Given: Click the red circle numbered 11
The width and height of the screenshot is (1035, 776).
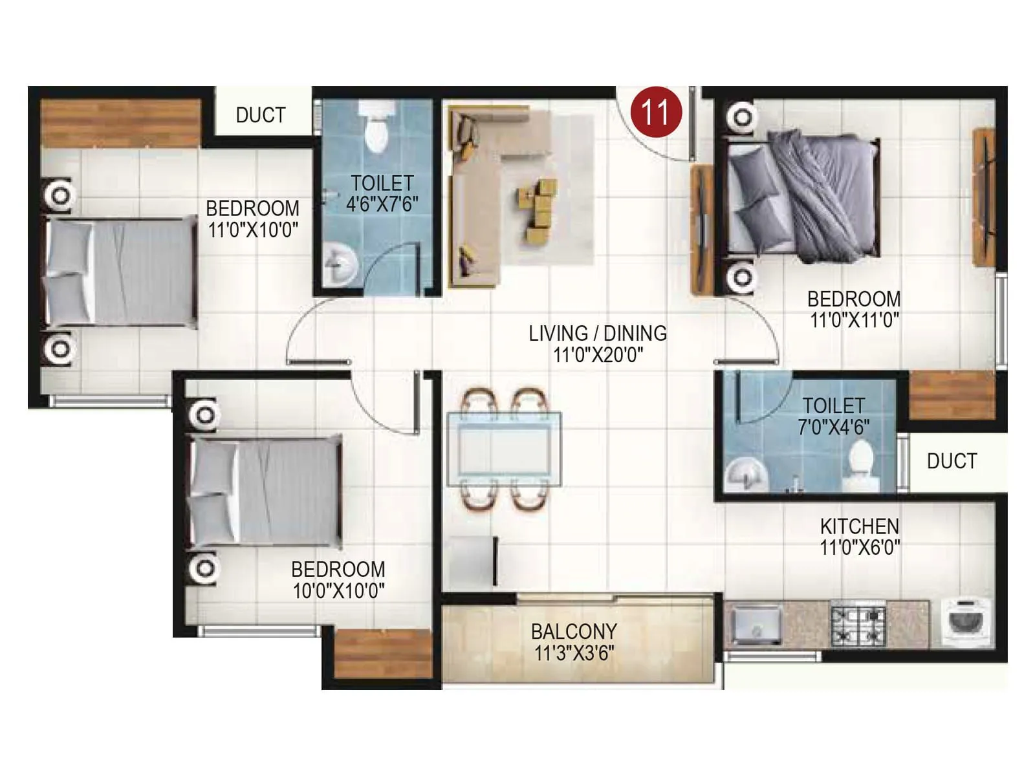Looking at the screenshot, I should coord(657,112).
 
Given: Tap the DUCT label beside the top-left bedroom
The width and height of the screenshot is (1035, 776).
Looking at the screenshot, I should coord(260,115).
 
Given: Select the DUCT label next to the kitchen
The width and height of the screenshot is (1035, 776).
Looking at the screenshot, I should coord(951,461).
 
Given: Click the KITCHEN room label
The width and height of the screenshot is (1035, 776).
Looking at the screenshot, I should coord(859,526).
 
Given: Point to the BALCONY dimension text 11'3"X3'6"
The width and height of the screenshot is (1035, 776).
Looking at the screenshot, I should coord(574,653).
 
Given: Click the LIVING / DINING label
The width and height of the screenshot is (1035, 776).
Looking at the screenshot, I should coord(597,334).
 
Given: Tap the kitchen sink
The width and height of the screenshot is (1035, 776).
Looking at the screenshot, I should coord(756,625).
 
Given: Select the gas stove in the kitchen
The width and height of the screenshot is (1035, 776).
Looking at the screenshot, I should coord(858,625).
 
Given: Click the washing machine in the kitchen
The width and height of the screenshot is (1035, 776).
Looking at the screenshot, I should coord(966,622).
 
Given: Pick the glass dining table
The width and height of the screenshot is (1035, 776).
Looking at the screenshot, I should coord(504,449).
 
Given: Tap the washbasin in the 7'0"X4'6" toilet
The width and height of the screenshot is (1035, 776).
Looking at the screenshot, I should coord(746,475).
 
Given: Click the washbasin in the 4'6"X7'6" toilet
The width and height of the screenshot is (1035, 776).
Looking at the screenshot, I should coord(340,265).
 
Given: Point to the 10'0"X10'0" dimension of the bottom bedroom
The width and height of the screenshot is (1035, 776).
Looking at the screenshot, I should coord(338,591).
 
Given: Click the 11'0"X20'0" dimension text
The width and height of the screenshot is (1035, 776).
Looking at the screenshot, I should coord(597,355).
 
